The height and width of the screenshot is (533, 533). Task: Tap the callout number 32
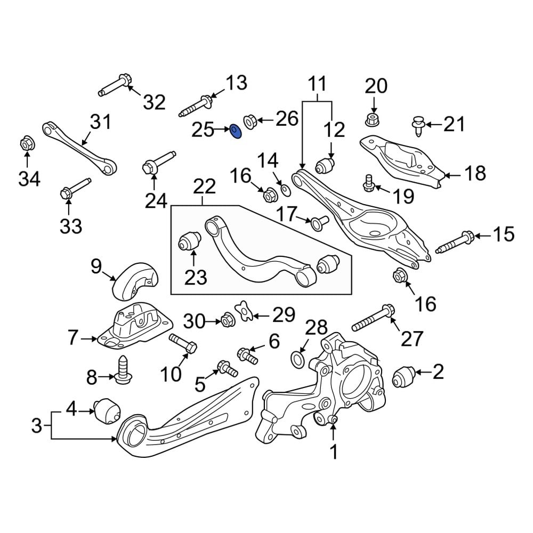tap(154, 102)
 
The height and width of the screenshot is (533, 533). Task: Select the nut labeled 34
tap(27, 144)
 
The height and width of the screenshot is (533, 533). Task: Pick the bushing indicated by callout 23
tap(189, 240)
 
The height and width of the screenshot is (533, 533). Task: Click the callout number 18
tap(475, 173)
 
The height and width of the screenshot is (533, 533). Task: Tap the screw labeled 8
tap(122, 369)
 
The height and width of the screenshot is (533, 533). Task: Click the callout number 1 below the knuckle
tap(334, 452)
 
